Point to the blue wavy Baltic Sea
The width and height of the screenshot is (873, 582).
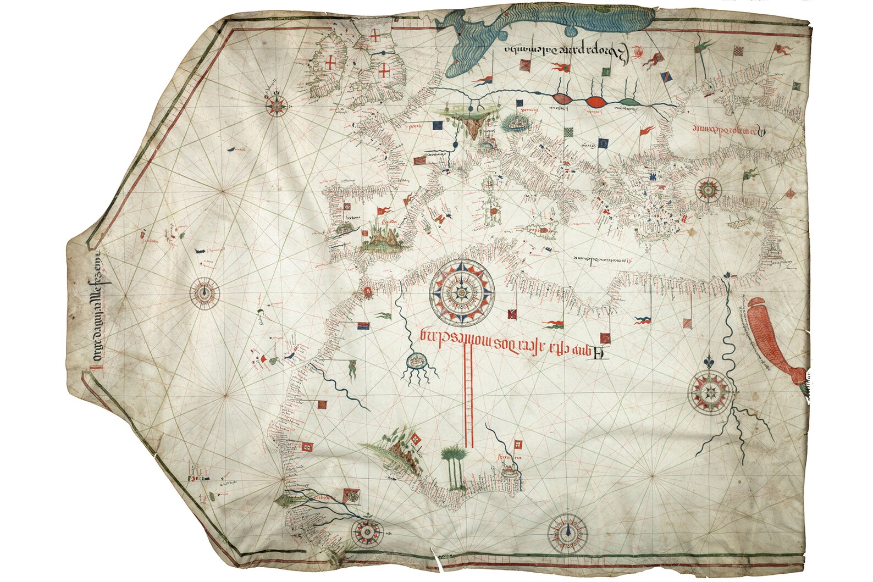pos(522,33)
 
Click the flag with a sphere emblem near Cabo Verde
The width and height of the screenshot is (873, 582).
pos(353,496)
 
